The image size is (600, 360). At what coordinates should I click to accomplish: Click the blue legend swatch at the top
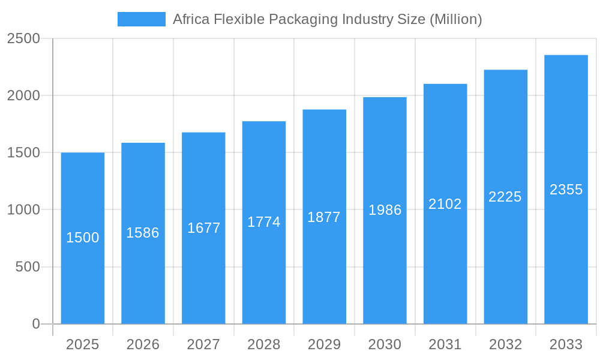[141, 19]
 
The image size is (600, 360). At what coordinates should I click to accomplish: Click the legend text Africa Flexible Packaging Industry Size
[327, 19]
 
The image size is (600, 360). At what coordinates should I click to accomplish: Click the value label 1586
[143, 233]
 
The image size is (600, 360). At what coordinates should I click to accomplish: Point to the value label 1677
[203, 228]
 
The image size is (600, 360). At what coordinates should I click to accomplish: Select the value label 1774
[264, 222]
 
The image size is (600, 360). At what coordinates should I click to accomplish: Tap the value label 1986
[385, 210]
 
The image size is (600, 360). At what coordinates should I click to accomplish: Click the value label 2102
[445, 204]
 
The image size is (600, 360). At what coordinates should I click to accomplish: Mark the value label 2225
[505, 197]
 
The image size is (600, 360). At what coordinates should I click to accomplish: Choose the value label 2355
[566, 190]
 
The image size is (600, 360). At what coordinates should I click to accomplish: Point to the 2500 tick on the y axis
[23, 38]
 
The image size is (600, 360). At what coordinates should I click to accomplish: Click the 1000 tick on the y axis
[23, 210]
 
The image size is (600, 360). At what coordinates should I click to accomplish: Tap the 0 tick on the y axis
[35, 324]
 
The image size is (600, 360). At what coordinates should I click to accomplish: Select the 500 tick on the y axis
[27, 267]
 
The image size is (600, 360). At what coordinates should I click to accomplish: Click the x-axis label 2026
[143, 344]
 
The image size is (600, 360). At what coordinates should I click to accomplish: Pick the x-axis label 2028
[264, 344]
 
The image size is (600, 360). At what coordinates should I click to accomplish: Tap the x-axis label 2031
[445, 344]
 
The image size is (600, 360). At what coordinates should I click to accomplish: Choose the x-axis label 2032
[505, 344]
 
